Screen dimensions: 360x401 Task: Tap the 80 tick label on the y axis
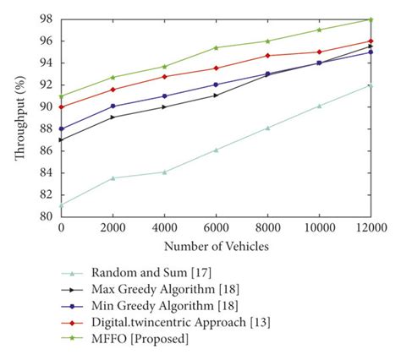coord(46,216)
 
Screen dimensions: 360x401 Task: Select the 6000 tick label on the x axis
coord(216,228)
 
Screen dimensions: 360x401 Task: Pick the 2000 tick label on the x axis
coord(113,228)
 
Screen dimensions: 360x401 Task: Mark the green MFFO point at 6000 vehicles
coord(216,47)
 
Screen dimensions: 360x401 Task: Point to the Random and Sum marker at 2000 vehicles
coord(113,177)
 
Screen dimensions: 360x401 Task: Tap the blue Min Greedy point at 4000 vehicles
coord(164,95)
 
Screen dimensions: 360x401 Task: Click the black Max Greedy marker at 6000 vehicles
coord(216,95)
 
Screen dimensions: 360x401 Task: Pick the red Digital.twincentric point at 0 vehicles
coord(61,106)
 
